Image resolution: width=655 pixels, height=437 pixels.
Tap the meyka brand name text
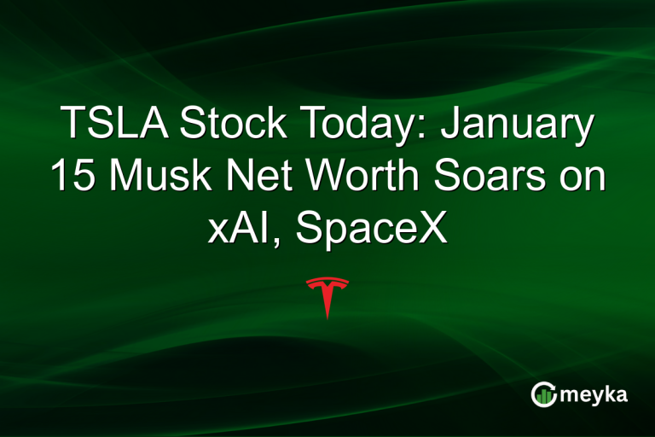(x=593, y=395)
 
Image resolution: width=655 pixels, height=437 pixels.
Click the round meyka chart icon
(x=543, y=395)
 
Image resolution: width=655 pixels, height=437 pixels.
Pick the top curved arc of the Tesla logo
(x=327, y=281)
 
